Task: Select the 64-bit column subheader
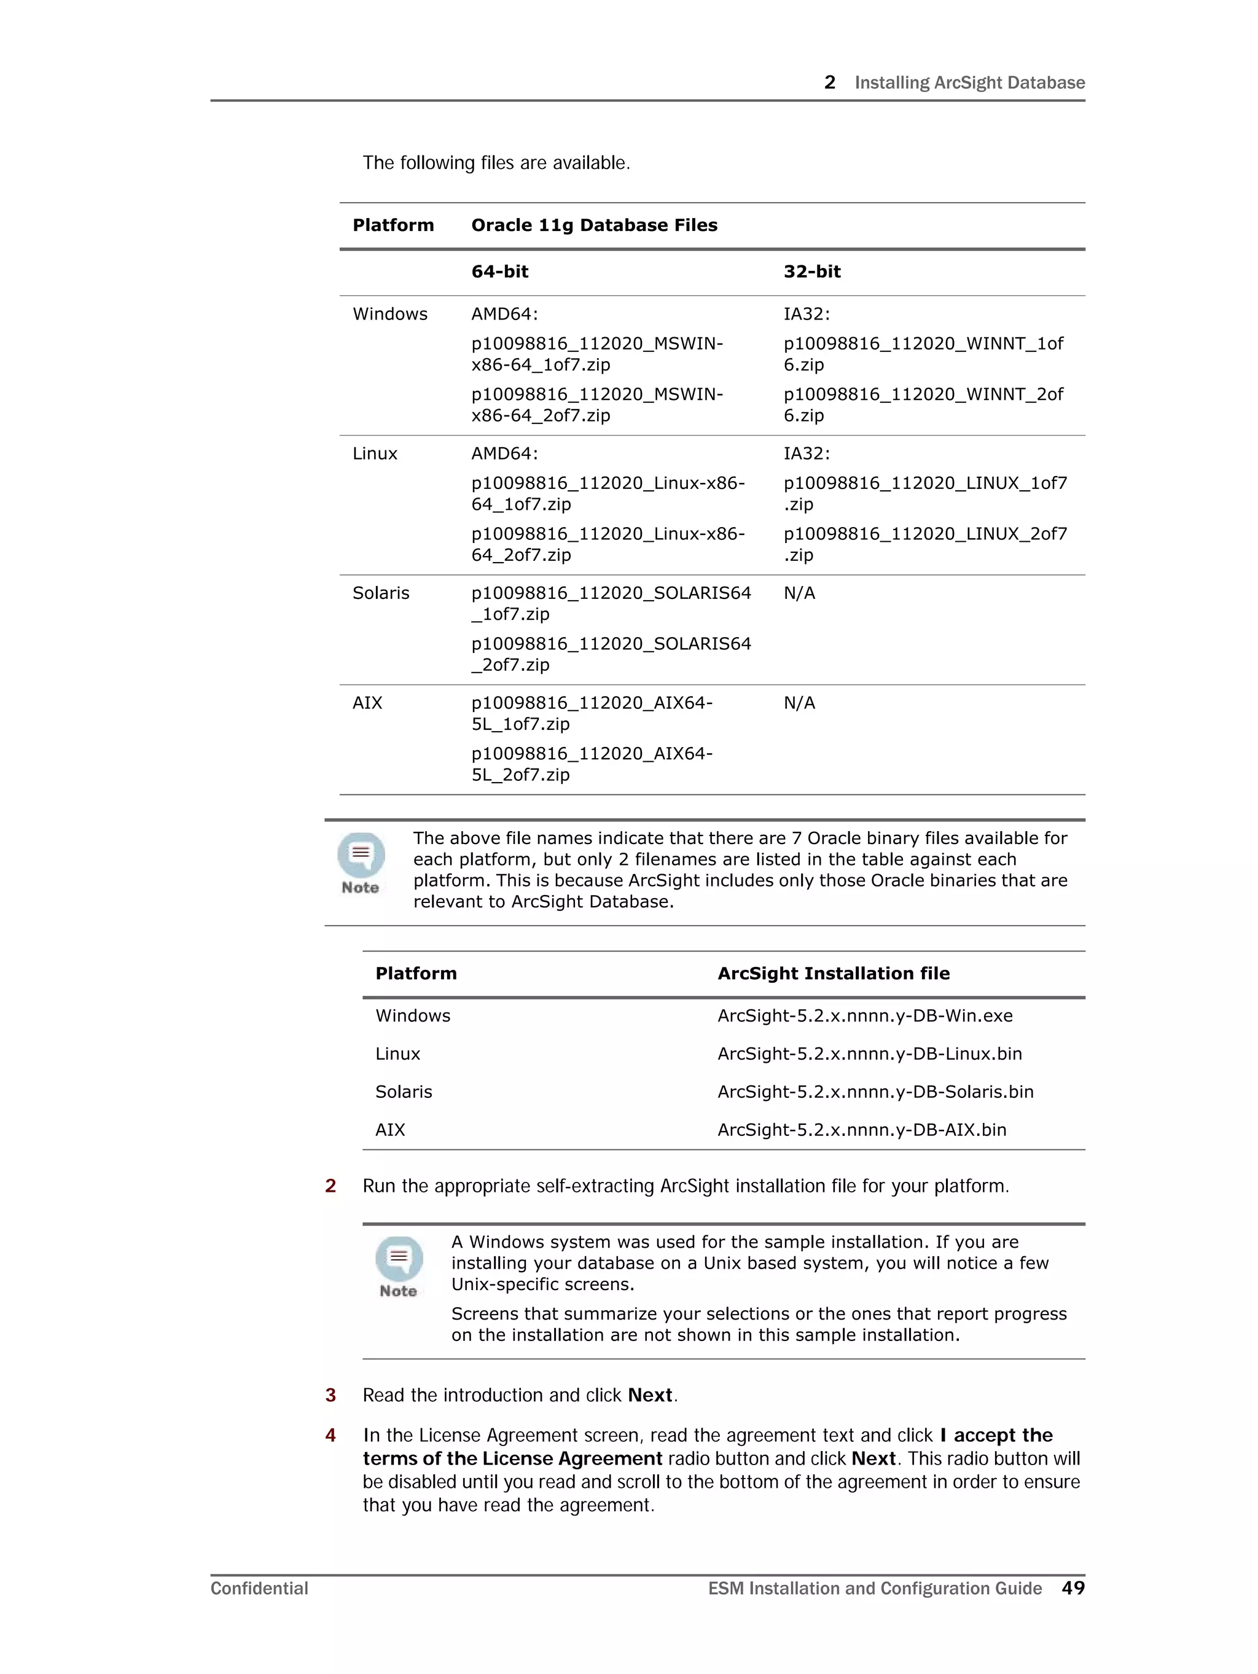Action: click(x=499, y=272)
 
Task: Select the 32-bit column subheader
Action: click(x=811, y=272)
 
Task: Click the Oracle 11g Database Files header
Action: click(x=593, y=225)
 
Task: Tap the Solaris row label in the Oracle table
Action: click(x=381, y=593)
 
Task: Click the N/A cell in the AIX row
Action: click(x=799, y=703)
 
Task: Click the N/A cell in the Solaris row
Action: click(x=799, y=593)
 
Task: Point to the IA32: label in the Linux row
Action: click(x=806, y=454)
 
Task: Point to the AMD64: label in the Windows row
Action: click(x=504, y=314)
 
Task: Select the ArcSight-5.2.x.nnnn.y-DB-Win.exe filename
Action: click(x=864, y=1015)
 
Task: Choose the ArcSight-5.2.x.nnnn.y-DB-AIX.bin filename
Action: click(x=861, y=1130)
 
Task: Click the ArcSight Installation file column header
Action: click(x=832, y=974)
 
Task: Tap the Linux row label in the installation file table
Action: click(x=397, y=1054)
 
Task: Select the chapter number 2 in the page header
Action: click(x=830, y=82)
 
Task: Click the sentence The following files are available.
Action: click(x=496, y=163)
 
